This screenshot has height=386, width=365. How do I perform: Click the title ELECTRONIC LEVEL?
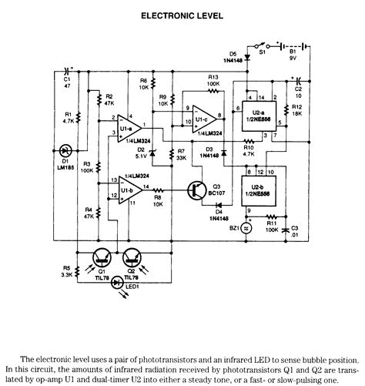click(182, 15)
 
